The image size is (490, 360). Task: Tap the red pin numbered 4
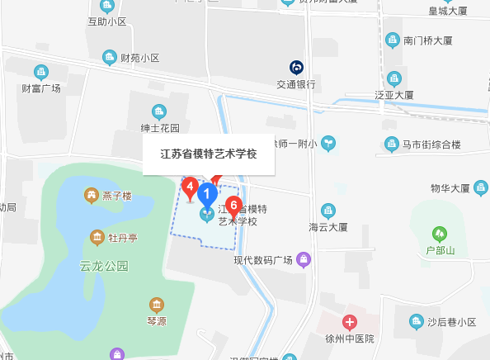pos(190,188)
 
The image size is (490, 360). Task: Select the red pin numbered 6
pos(233,206)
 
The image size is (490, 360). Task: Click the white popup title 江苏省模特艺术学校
pos(208,154)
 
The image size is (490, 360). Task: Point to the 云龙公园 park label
pos(105,266)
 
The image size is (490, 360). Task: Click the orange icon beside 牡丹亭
pos(97,238)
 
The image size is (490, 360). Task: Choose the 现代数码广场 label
pos(263,260)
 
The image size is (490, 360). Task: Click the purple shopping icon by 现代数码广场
pos(304,260)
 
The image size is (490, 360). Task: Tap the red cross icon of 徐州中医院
pos(350,321)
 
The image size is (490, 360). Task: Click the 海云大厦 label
pos(328,226)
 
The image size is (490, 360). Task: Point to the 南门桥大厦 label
pos(424,39)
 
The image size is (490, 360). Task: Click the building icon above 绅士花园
pos(159,111)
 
